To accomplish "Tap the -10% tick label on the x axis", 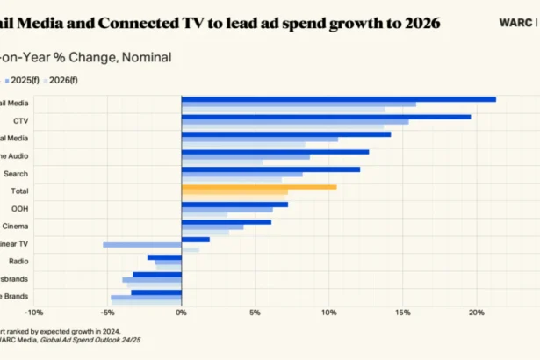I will click(32, 312).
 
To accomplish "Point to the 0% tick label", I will click(181, 312).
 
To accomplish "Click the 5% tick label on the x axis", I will click(255, 312).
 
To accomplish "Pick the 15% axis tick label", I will click(402, 312).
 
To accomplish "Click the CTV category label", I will click(19, 119).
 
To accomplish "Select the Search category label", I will click(16, 173).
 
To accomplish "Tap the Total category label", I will click(18, 191).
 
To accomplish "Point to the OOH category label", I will click(18, 208).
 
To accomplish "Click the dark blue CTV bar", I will click(325, 116).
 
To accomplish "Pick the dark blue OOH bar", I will click(234, 205).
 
